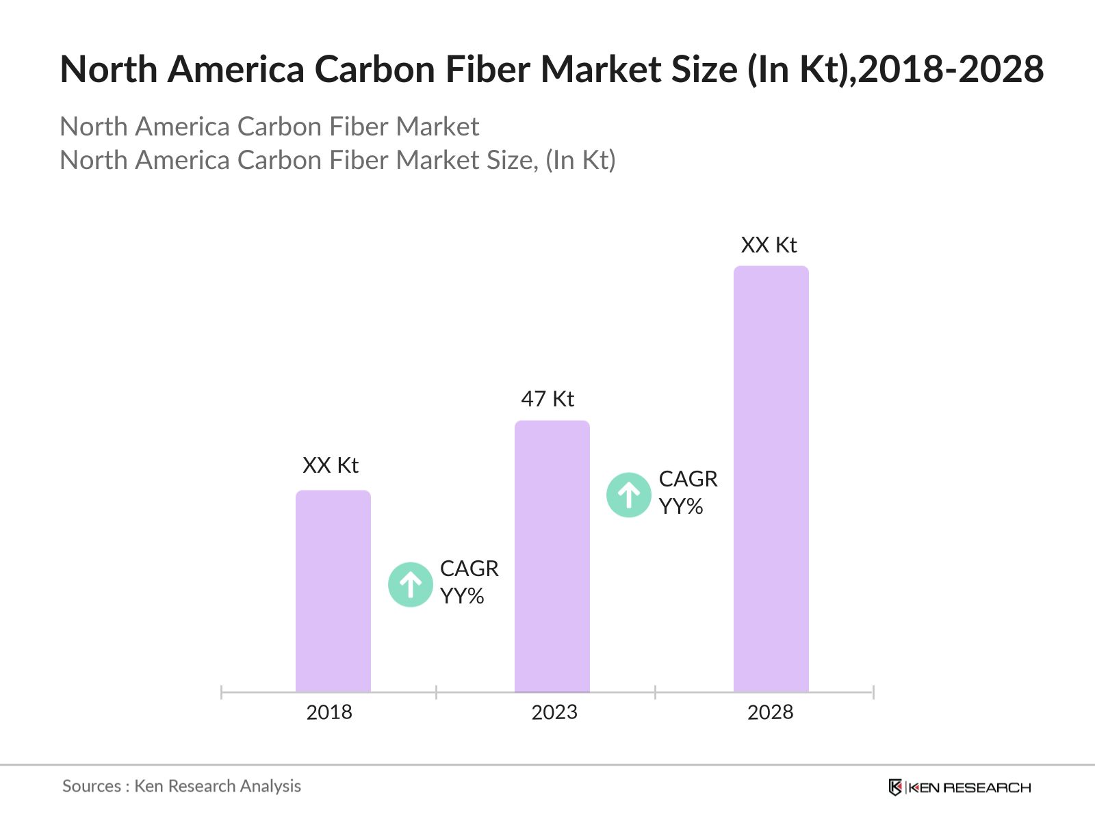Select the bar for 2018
coord(333,591)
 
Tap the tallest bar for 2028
coord(771,479)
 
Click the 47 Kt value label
coord(547,399)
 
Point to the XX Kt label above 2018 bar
coord(331,465)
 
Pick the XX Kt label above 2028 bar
coord(769,245)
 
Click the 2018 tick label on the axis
coord(329,712)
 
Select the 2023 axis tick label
coord(554,712)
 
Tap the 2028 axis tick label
coord(770,712)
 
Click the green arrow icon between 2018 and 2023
coord(411,585)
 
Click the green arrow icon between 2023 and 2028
coord(628,495)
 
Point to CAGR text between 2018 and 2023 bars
coord(469,569)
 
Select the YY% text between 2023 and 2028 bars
coord(681,507)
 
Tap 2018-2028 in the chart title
coord(951,70)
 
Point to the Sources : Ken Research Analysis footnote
coord(181,786)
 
